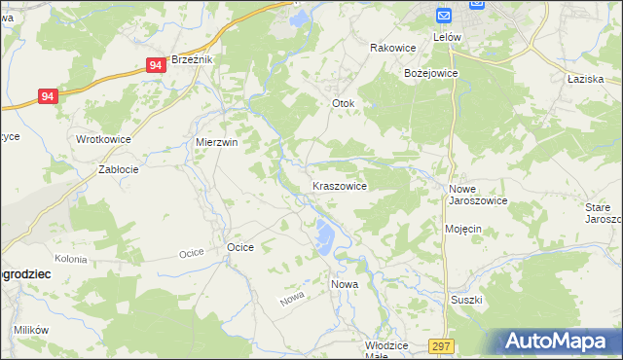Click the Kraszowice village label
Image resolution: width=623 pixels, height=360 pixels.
click(339, 185)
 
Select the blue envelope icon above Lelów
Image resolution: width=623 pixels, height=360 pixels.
click(444, 17)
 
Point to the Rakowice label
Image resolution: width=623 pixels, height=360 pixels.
click(393, 48)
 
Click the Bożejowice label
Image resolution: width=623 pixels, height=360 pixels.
click(430, 73)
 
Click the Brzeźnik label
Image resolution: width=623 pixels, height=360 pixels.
click(193, 59)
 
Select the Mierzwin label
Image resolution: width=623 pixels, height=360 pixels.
click(217, 141)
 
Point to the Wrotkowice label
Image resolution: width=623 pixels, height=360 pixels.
click(104, 139)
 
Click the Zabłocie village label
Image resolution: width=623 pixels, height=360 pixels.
click(119, 168)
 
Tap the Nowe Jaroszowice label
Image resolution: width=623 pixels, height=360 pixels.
click(478, 195)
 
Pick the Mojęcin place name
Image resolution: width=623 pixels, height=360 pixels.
click(463, 229)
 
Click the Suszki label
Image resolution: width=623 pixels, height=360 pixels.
click(466, 300)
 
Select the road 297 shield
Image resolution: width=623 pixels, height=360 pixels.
click(441, 346)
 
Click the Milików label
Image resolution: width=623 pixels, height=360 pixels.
click(31, 330)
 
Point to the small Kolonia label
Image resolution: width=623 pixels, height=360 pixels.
click(71, 260)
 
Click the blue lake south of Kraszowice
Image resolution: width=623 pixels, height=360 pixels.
click(323, 234)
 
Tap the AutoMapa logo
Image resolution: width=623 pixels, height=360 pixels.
click(559, 342)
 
